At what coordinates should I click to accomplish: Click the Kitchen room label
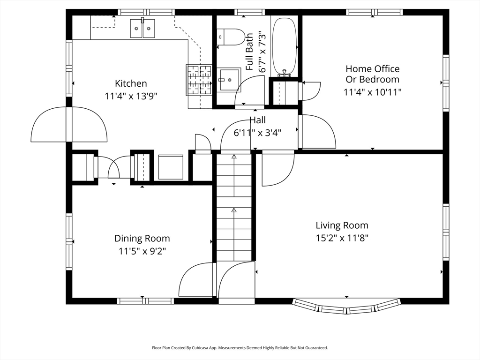131,83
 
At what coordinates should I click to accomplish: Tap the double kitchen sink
142,29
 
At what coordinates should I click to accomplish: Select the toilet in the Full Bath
231,37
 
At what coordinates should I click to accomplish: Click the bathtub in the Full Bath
285,46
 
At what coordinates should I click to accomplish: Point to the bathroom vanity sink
229,80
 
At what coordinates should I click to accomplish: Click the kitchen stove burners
199,80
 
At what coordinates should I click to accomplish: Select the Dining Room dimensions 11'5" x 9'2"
142,251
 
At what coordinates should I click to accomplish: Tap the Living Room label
342,225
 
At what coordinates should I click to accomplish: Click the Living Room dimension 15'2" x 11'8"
342,238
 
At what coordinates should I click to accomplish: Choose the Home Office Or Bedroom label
373,74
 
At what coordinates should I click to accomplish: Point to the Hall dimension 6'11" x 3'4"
257,133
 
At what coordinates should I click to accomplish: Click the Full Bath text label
249,52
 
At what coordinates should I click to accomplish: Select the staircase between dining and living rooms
234,208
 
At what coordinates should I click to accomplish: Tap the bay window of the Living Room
346,307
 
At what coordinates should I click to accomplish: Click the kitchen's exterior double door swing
69,124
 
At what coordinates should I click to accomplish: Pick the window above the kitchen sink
146,12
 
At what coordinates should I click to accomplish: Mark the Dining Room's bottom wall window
145,301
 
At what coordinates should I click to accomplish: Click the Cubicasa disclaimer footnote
240,348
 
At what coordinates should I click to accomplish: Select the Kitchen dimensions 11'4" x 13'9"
131,96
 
